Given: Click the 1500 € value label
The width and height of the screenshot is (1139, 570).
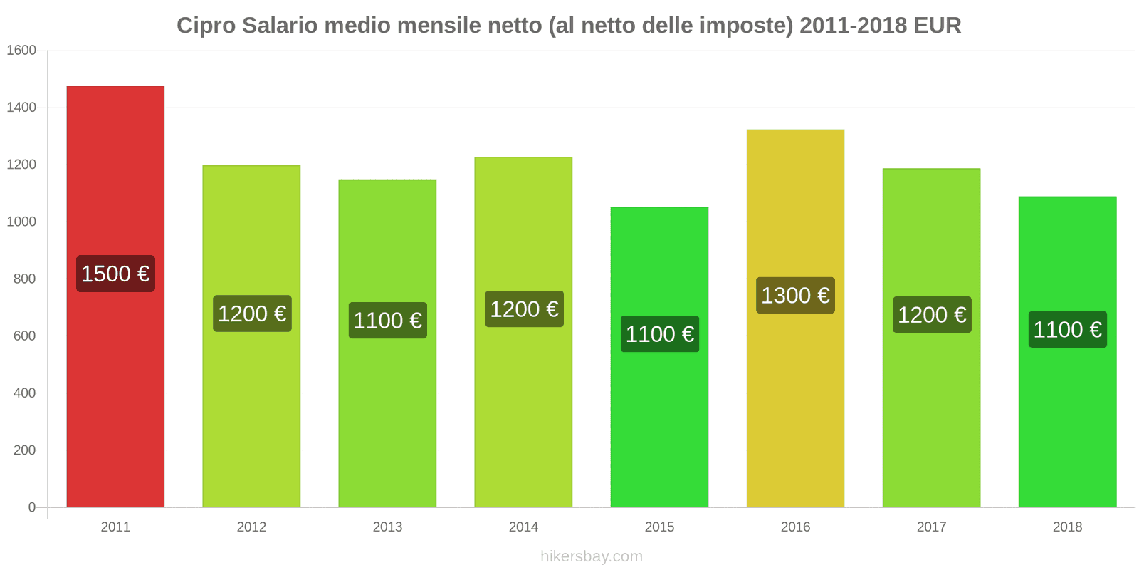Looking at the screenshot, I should click(115, 274).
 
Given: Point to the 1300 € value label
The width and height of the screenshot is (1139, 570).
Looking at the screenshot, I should click(795, 295).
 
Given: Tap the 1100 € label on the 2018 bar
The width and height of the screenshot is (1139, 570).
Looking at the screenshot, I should click(1067, 329).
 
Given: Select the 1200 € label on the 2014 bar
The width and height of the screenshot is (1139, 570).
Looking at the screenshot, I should click(524, 309).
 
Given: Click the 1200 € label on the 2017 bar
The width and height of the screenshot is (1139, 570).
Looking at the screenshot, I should click(931, 315).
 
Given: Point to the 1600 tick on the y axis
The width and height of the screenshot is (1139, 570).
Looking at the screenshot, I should click(21, 51).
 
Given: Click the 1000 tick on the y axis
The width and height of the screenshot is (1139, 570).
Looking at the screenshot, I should click(21, 222).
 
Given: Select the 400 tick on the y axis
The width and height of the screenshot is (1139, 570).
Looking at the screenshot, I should click(24, 393).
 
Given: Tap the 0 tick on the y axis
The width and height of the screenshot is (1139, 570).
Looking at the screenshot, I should click(31, 507).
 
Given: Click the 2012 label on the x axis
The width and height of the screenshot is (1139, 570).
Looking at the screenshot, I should click(251, 527).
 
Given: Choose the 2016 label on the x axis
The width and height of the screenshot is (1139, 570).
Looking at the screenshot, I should click(795, 527).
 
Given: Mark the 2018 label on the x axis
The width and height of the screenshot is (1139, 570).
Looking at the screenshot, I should click(1067, 527).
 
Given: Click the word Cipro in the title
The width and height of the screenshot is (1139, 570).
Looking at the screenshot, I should click(206, 26).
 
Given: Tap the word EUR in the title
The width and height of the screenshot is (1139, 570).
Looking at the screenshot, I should click(937, 26).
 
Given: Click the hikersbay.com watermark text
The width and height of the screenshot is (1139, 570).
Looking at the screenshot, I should click(591, 556).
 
